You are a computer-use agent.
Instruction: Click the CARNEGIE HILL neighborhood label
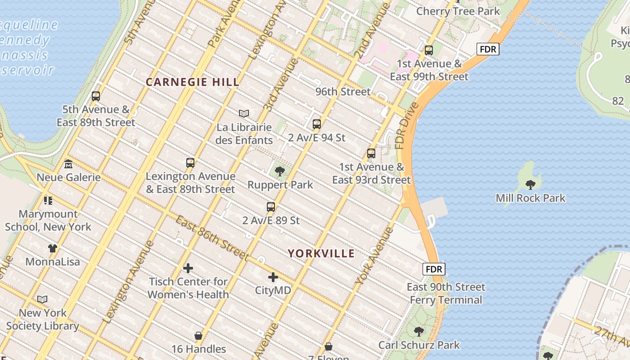[193, 82]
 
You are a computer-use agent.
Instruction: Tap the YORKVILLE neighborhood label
[321, 253]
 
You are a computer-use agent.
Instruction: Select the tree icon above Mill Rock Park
[531, 184]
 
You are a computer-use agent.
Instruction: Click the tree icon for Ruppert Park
[280, 171]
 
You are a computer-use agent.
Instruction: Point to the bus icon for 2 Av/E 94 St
[317, 124]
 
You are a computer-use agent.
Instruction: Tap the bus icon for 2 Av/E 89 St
[271, 207]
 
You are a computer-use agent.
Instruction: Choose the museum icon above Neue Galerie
[68, 164]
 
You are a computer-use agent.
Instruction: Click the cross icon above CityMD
[273, 277]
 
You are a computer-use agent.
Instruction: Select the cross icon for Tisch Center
[188, 269]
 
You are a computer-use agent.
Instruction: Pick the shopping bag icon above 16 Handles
[198, 336]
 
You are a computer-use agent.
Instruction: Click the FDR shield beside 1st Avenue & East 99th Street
[488, 49]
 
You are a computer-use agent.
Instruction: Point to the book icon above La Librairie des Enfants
[244, 113]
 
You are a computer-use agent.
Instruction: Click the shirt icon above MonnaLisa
[53, 248]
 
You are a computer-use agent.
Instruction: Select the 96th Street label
[343, 92]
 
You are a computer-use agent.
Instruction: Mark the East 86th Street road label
[212, 238]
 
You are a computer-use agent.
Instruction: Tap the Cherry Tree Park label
[458, 11]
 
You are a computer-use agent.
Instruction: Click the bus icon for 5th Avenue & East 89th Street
[96, 96]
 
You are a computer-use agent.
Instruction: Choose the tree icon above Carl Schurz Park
[419, 332]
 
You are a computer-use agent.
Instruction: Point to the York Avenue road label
[374, 256]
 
